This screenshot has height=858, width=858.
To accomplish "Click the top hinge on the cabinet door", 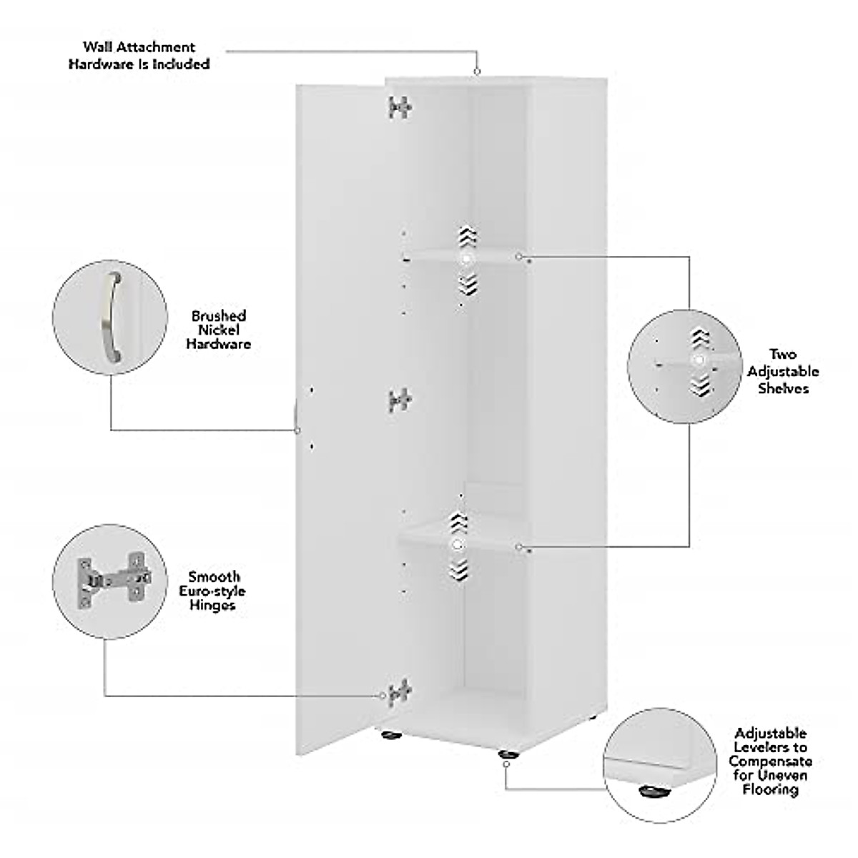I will click(x=400, y=107).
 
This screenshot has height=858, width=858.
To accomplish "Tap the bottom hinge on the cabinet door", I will click(x=399, y=692).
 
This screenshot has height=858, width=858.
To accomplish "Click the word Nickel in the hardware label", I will click(x=219, y=330).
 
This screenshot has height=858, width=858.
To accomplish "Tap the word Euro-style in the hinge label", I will click(x=214, y=591).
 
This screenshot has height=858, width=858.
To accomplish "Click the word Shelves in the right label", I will click(x=784, y=388).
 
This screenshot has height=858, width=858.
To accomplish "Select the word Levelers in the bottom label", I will click(x=769, y=747).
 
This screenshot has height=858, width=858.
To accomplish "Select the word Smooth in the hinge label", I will click(x=214, y=576).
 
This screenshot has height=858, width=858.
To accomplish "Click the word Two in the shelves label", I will click(x=784, y=355).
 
